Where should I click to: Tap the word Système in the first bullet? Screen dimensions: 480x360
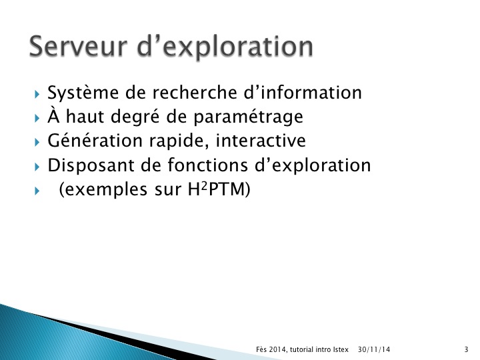pos(83,93)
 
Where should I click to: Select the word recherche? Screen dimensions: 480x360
pos(195,92)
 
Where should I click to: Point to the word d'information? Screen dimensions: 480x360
pos(303,92)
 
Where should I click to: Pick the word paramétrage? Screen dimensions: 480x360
pos(248,117)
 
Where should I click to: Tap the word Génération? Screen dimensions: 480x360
pos(95,141)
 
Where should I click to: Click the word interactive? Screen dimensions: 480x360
pos(261,141)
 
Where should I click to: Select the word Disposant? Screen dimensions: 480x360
pos(91,166)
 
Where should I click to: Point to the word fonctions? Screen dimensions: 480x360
pos(207,165)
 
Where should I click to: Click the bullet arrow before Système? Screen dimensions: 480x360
pos(37,94)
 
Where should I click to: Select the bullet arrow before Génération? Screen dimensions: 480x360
pos(37,143)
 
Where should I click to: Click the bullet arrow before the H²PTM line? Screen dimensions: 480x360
pos(37,191)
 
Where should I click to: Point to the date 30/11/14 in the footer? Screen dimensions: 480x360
pos(374,349)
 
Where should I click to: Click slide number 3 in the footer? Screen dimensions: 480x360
pos(466,349)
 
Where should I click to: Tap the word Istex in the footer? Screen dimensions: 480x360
pos(341,349)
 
